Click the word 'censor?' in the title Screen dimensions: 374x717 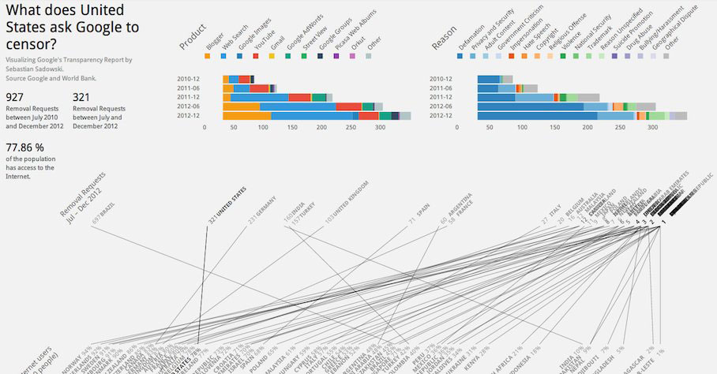[x=31, y=45]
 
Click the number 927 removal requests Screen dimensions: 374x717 [x=14, y=97]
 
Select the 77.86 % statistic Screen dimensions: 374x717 [x=24, y=148]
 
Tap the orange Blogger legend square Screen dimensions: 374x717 [x=207, y=57]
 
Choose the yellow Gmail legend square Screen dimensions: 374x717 [x=272, y=57]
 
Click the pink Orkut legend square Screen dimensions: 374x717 [x=352, y=57]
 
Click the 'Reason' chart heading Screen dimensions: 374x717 [x=444, y=38]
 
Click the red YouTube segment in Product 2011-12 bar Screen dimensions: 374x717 [x=299, y=97]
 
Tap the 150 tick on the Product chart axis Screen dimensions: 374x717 [x=291, y=127]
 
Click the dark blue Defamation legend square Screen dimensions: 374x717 [x=460, y=57]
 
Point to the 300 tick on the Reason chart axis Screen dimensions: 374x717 [x=652, y=127]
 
